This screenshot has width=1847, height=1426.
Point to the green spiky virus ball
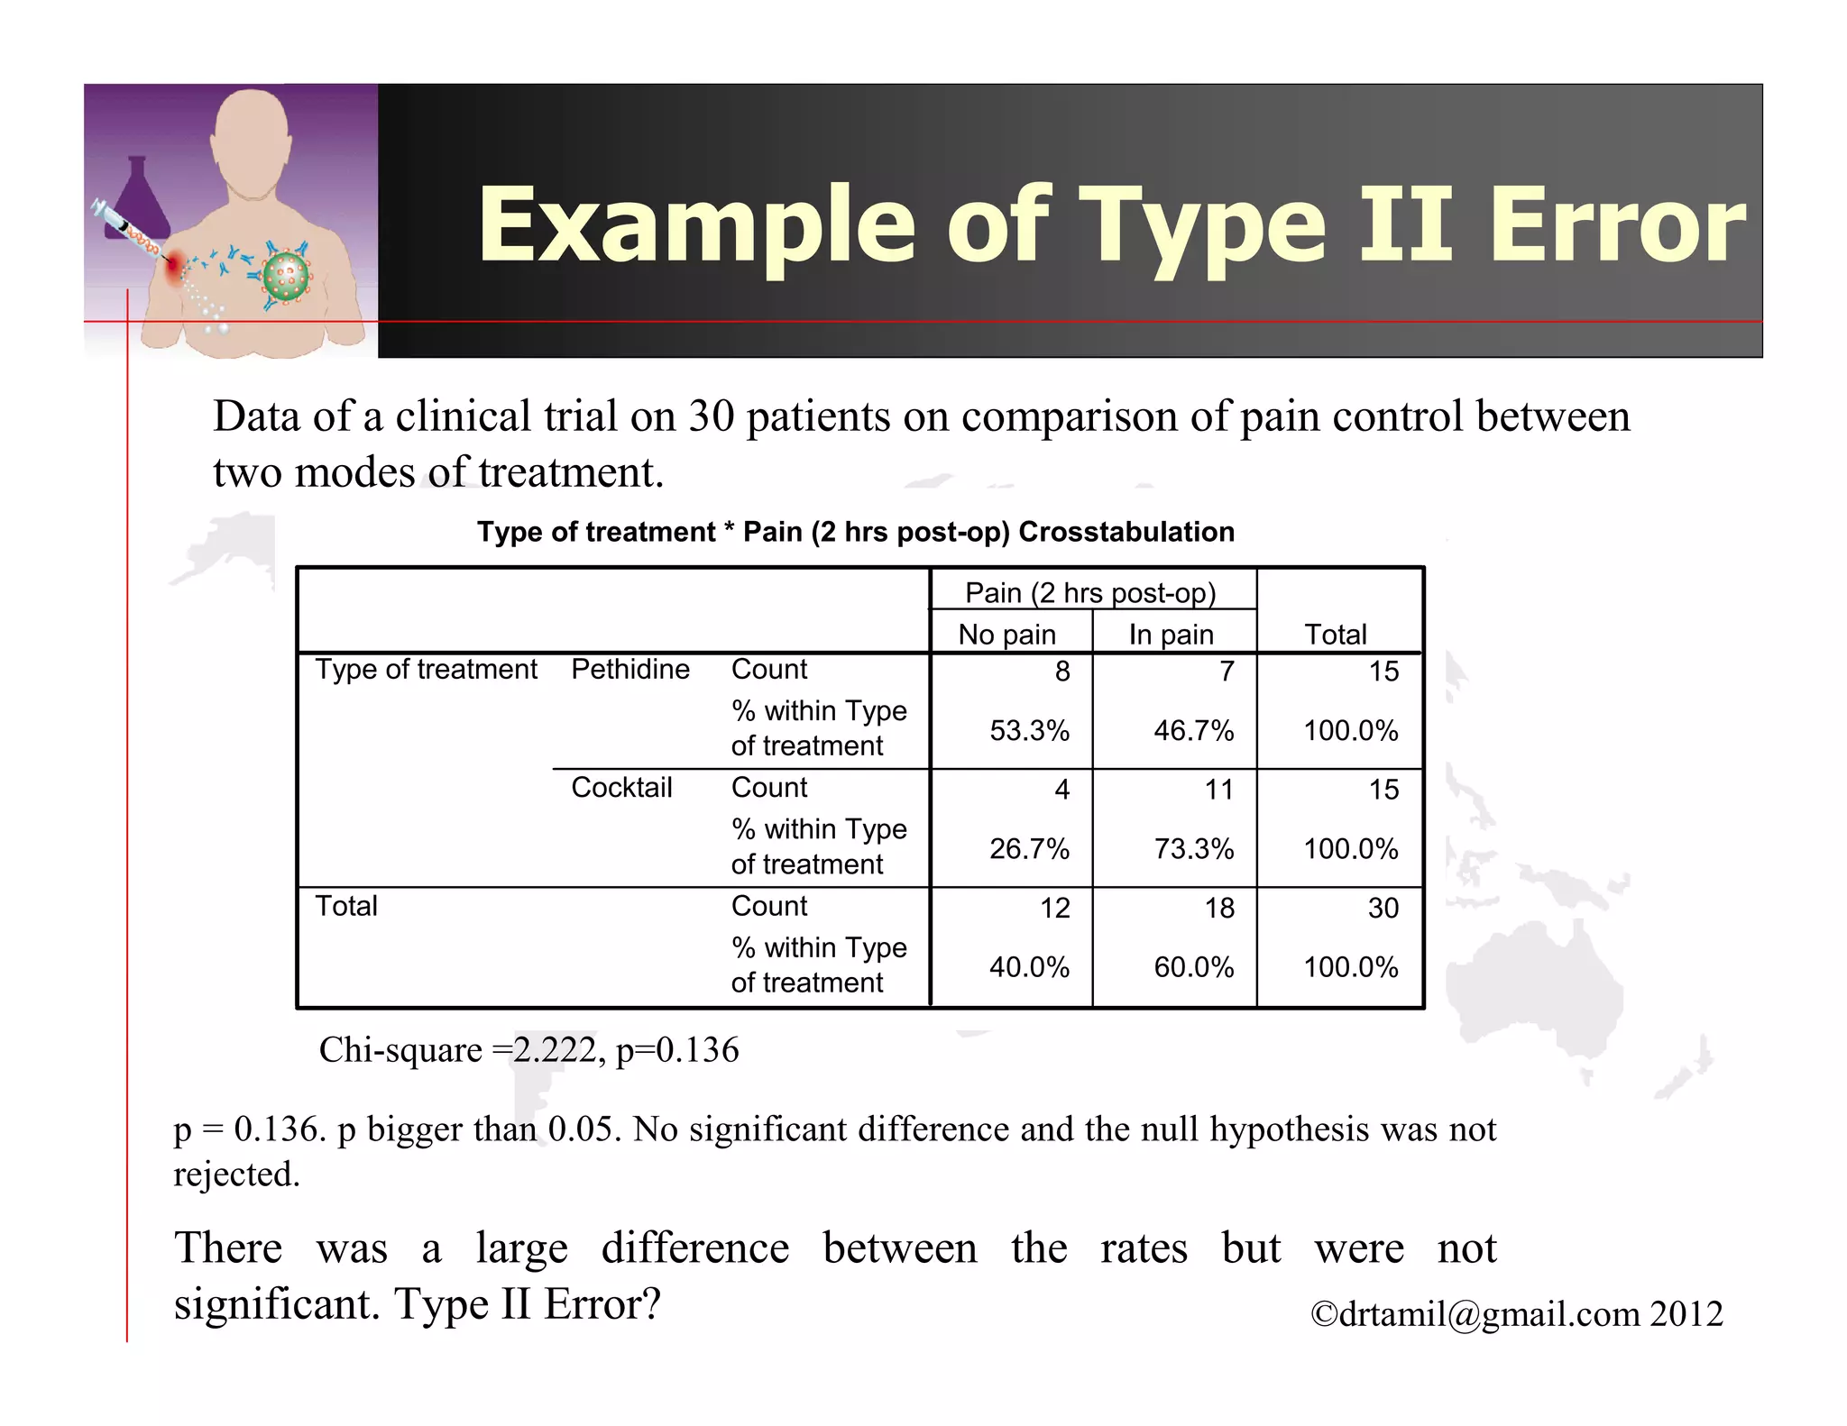286,277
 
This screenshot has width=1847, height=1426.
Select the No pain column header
1006,635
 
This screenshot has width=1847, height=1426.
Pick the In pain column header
1171,635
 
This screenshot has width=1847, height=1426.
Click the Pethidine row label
629,670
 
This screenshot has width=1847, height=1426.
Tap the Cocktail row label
621,788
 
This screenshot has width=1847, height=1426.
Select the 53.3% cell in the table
1029,730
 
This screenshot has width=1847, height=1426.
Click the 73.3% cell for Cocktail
1193,849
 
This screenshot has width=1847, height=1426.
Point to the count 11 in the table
1218,790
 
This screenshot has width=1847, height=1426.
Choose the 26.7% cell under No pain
1029,849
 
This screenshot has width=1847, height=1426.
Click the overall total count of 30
1383,908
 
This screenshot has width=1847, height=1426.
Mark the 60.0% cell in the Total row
1193,967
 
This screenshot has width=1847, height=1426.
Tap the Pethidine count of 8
1062,672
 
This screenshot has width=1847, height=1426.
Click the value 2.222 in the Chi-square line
555,1050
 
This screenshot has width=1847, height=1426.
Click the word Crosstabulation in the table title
1126,532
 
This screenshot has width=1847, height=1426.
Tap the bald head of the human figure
252,126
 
